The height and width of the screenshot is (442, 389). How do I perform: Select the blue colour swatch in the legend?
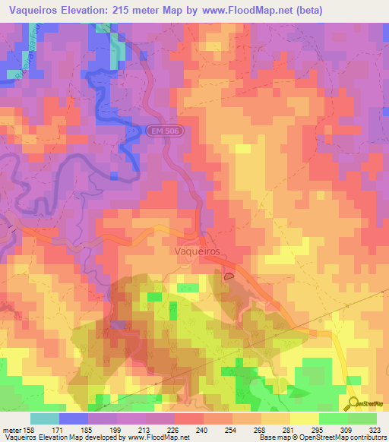(74, 418)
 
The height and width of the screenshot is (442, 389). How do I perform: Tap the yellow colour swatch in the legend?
(305, 418)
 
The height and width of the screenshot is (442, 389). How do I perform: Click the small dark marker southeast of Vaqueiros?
(229, 278)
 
